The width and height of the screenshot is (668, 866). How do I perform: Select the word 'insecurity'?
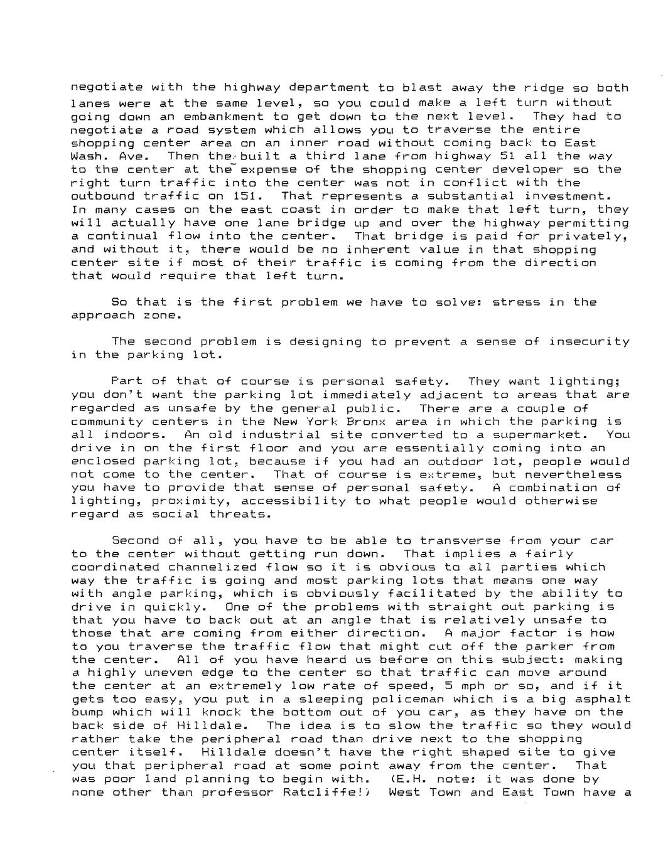589,341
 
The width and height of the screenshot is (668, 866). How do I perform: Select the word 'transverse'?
460,540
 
